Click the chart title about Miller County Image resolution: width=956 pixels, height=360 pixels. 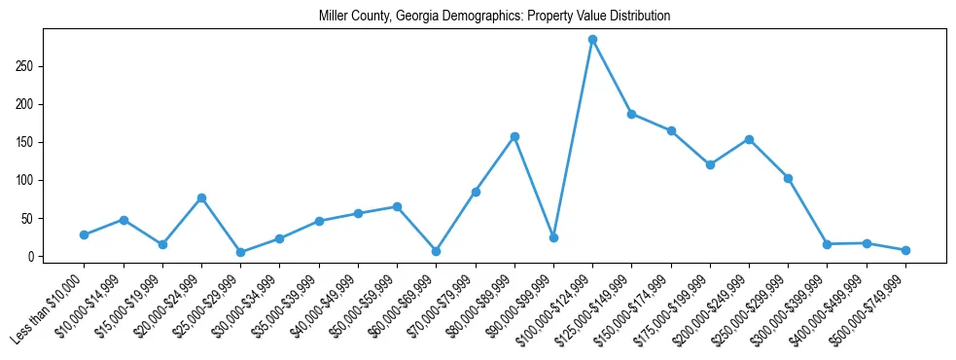click(494, 17)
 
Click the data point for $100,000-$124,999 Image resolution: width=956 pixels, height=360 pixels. click(592, 40)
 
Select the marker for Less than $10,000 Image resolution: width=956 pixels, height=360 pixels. click(85, 234)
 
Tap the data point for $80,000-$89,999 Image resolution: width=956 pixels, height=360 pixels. click(514, 136)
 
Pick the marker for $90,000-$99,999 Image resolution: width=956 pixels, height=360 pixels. click(553, 237)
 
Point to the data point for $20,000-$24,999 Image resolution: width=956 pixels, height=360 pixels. click(201, 198)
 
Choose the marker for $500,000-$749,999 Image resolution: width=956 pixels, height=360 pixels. click(905, 250)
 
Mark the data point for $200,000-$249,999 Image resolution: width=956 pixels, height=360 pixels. click(749, 139)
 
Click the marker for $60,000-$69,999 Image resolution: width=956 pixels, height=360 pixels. click(436, 251)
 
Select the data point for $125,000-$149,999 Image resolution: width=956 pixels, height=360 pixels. click(632, 114)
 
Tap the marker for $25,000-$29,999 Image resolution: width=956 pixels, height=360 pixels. click(240, 252)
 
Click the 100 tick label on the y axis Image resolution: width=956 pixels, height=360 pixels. click(34, 180)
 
